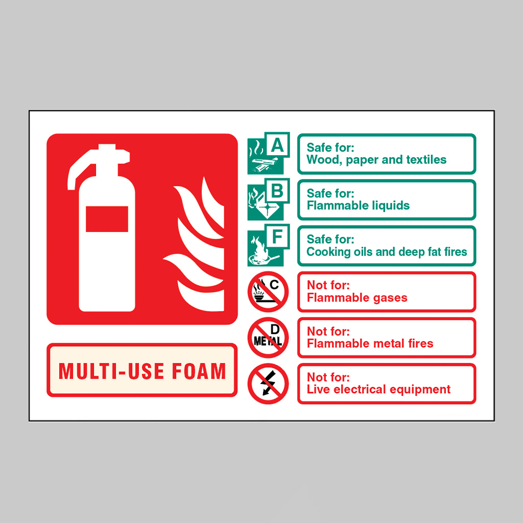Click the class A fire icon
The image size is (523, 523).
(x=268, y=153)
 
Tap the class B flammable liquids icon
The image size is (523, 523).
(x=268, y=199)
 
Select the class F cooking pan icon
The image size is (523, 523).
(x=268, y=245)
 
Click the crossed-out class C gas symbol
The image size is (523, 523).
(x=268, y=292)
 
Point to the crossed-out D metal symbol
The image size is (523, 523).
(x=268, y=338)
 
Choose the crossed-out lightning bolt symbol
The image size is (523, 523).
(x=268, y=384)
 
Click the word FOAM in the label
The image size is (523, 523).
(x=199, y=371)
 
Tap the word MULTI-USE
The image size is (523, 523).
(x=111, y=371)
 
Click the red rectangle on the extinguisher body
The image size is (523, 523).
(x=107, y=219)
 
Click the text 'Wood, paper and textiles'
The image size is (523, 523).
(x=376, y=160)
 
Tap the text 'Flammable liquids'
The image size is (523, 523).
(x=358, y=205)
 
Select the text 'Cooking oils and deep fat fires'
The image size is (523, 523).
(x=387, y=252)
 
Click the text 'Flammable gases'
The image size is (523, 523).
(x=357, y=298)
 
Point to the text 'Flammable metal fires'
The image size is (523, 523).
(x=370, y=343)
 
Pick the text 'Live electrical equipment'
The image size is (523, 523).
(x=378, y=390)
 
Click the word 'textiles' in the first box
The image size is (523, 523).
(x=426, y=160)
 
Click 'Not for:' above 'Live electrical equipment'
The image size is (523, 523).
(x=328, y=377)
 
